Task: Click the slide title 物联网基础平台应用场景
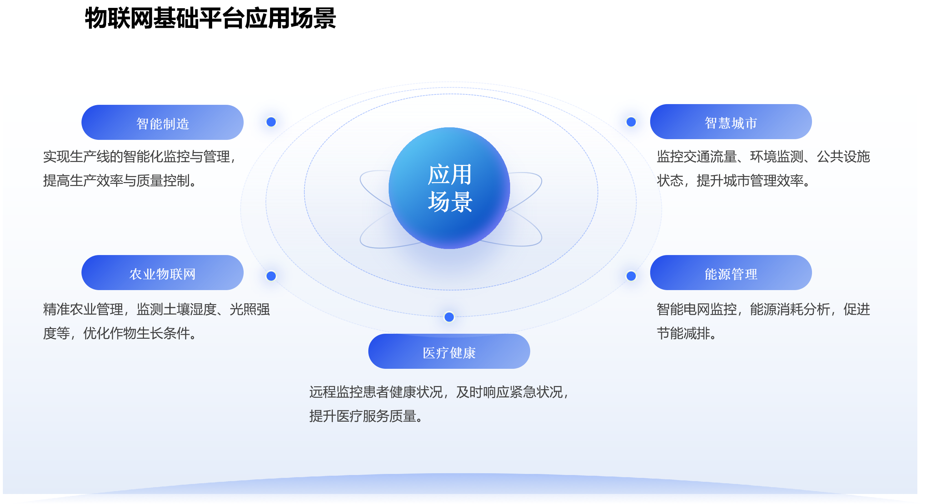click(x=210, y=18)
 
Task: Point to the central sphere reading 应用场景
click(x=449, y=188)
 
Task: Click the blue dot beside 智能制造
click(x=271, y=122)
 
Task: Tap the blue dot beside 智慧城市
click(x=631, y=122)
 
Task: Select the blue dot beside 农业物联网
click(x=271, y=276)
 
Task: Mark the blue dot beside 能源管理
click(x=631, y=276)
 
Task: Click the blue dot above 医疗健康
click(x=449, y=317)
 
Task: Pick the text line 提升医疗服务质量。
click(x=367, y=416)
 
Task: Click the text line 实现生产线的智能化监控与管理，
click(x=140, y=157)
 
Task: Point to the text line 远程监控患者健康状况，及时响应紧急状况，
click(x=440, y=392)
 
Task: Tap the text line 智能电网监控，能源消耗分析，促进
click(x=763, y=309)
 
